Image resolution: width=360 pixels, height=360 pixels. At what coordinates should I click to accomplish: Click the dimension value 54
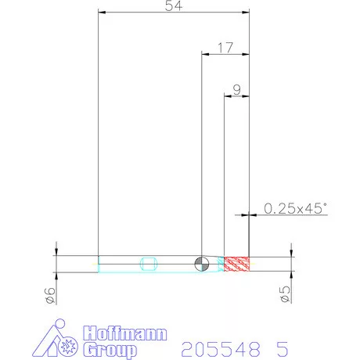[x=174, y=5]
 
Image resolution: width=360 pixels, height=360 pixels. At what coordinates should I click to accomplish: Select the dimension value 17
[x=225, y=48]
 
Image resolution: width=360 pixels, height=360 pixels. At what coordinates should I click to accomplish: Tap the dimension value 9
[x=237, y=90]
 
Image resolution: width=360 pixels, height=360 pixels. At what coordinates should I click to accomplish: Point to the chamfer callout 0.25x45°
[x=295, y=208]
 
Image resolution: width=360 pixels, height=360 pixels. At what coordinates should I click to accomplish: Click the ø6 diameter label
[x=50, y=296]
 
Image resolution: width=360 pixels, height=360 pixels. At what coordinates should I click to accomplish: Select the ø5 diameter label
[x=285, y=294]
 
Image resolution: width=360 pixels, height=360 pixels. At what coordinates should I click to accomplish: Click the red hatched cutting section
[x=237, y=264]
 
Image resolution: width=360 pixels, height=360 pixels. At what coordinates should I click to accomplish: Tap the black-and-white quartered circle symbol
[x=202, y=264]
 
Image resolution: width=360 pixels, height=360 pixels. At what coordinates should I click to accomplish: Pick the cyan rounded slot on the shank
[x=149, y=264]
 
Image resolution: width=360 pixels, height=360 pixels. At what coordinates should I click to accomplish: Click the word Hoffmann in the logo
[x=125, y=333]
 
